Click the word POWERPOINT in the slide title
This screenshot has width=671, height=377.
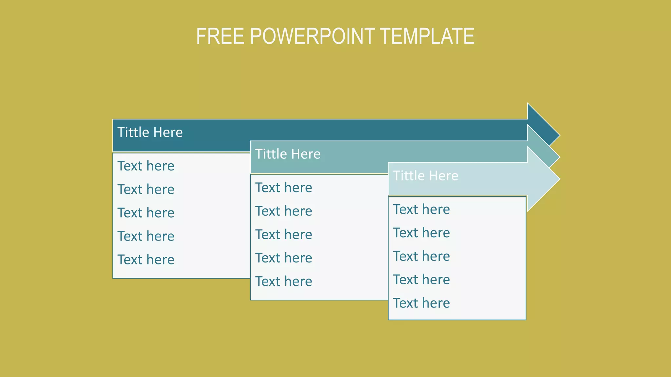[x=312, y=36]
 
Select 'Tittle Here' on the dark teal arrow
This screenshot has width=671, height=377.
[x=150, y=133]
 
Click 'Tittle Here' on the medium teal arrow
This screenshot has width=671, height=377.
[x=288, y=154]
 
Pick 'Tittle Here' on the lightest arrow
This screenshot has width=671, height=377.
[x=425, y=176]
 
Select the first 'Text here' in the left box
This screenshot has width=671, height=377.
[x=146, y=166]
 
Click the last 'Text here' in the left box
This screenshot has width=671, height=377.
[x=146, y=260]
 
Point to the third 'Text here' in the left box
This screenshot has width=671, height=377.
[x=146, y=213]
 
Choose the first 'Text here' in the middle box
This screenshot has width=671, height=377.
[x=283, y=188]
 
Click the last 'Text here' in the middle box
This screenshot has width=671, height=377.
[x=283, y=281]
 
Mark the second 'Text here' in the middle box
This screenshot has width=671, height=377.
[x=283, y=211]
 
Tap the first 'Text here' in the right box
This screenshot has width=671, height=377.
[x=421, y=209]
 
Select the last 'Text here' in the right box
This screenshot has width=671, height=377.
[x=421, y=303]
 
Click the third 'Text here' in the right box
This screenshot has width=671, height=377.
[x=421, y=256]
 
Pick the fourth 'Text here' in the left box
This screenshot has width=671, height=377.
[x=146, y=236]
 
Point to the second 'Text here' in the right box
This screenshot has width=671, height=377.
[x=421, y=233]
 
